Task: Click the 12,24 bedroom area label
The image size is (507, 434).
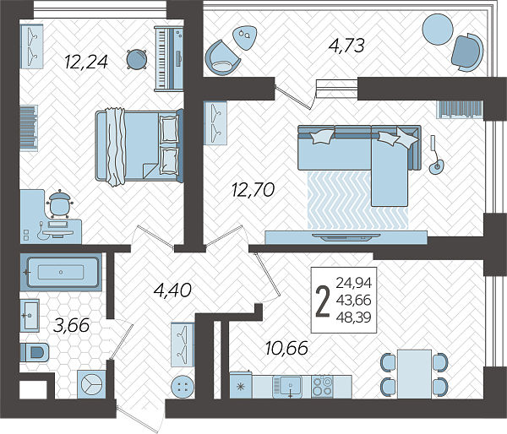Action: pos(85,62)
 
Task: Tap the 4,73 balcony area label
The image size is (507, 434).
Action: pos(346,46)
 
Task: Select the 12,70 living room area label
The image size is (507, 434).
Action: pos(253,189)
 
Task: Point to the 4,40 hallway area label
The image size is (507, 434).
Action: pos(172,290)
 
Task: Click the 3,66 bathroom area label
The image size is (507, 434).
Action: pos(72,325)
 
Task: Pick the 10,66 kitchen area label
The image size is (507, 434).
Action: pos(286,348)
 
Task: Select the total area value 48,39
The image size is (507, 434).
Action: pos(354,317)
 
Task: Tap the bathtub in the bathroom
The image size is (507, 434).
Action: pos(61,272)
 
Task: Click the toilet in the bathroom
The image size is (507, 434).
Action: pos(35,353)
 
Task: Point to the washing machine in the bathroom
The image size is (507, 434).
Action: pos(91,384)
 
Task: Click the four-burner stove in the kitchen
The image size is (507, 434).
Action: pos(322,386)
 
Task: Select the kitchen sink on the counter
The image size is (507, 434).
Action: pos(287,387)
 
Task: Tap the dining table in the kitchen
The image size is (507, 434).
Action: pos(415,374)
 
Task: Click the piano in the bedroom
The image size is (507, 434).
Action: pos(169,58)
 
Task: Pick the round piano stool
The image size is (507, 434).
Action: pos(136,59)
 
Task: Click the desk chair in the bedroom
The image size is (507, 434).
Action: pos(60,203)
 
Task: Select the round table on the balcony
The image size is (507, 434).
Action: pos(438,29)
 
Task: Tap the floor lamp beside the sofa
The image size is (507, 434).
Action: pos(435,155)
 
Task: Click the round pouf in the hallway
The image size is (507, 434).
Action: pos(183,386)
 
